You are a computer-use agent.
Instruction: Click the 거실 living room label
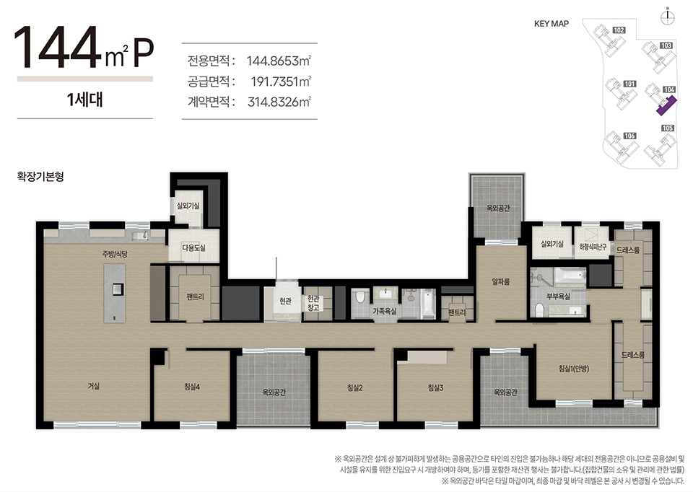(x=93, y=386)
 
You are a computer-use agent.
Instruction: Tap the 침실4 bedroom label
(x=192, y=387)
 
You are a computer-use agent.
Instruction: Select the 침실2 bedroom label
(x=355, y=388)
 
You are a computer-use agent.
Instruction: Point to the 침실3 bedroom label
(x=435, y=388)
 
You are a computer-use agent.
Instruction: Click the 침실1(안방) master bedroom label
(x=574, y=369)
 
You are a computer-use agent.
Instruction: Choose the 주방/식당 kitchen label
(x=115, y=254)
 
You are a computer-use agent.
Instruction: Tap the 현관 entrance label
(x=286, y=302)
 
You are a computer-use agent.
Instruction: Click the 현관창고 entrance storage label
(x=313, y=304)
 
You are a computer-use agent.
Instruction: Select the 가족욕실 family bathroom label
(x=385, y=312)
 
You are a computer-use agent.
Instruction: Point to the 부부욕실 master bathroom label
(x=558, y=296)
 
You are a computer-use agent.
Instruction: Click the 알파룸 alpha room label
(x=501, y=281)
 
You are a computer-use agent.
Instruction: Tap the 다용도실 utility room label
(x=193, y=247)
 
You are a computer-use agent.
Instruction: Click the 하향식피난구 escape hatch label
(x=593, y=247)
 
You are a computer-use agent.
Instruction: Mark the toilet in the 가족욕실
(x=360, y=296)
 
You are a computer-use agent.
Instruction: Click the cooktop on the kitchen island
(x=117, y=289)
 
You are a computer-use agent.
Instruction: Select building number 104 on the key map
(x=669, y=89)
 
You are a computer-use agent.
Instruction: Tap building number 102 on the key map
(x=619, y=30)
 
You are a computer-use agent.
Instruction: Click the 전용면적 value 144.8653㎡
(x=279, y=61)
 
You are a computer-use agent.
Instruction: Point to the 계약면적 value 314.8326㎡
(x=279, y=102)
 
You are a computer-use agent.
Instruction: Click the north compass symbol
(x=667, y=17)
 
